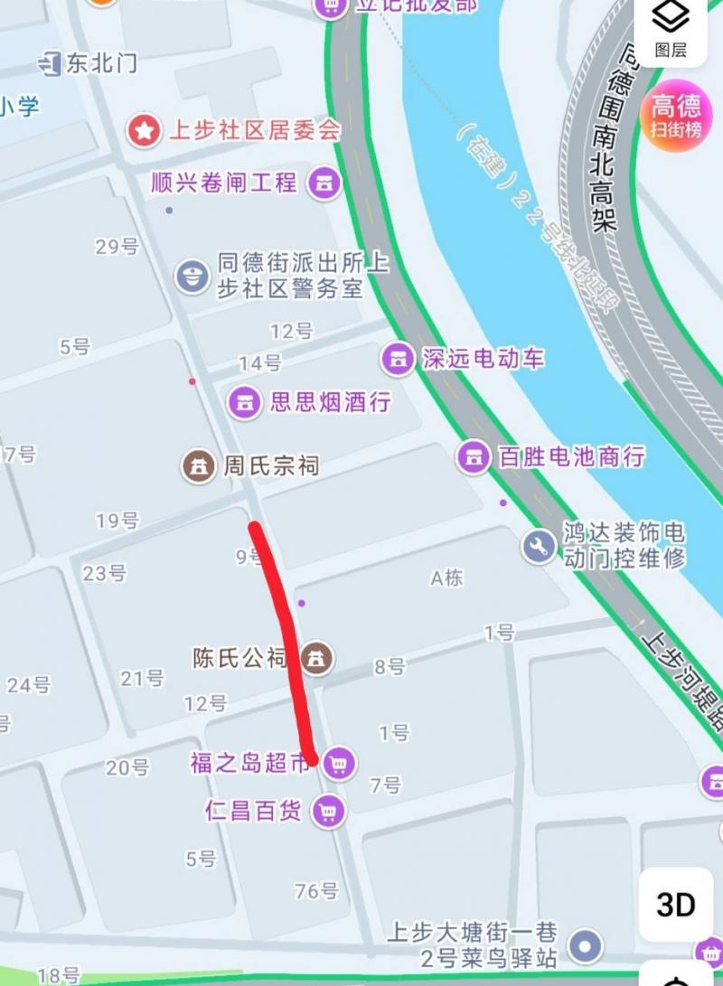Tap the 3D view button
(x=676, y=904)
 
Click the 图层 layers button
(x=671, y=29)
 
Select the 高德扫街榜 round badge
(x=676, y=117)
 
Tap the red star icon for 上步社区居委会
(x=143, y=130)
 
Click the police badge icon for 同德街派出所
(x=192, y=275)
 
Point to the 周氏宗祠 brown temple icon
(x=199, y=466)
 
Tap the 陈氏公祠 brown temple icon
(x=316, y=657)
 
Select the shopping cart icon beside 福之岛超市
(x=339, y=764)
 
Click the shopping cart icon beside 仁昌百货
(x=328, y=811)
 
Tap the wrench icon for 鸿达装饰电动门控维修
(x=540, y=545)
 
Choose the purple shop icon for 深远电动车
(x=396, y=358)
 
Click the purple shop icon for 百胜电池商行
(x=473, y=456)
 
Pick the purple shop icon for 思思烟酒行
(x=244, y=402)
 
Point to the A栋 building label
(x=446, y=578)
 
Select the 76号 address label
(x=316, y=891)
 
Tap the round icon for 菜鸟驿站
(x=588, y=945)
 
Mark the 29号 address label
(x=117, y=246)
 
